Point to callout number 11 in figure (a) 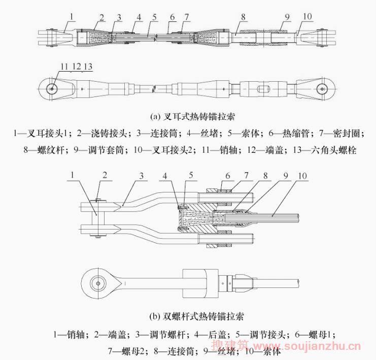tap(63, 67)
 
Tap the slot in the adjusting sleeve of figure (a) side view tap(264, 88)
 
